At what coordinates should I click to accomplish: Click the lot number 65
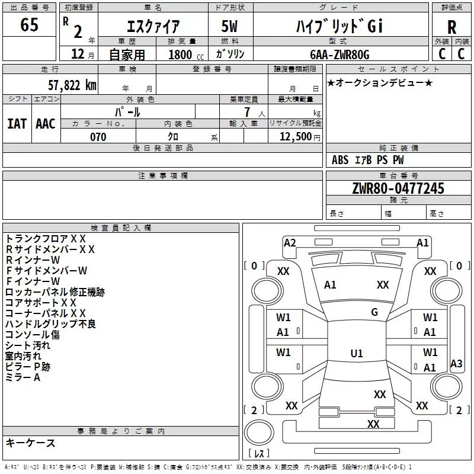coord(29,25)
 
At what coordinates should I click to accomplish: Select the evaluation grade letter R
coord(451,27)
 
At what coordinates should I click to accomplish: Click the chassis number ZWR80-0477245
coord(398,189)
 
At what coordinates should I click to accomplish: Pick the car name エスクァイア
coord(153,27)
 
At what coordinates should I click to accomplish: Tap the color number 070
coord(98,137)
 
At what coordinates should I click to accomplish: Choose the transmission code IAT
coord(17,123)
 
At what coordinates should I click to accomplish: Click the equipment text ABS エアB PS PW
coord(368,160)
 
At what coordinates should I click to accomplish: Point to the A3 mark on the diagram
coord(456,364)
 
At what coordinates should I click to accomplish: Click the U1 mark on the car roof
coord(357,354)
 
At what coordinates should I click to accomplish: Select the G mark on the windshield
coord(374,312)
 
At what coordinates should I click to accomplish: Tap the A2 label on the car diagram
coord(290,242)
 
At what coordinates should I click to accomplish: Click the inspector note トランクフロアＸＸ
coord(46,238)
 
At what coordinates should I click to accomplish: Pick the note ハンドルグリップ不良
coord(50,324)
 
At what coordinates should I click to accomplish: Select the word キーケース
coord(30,443)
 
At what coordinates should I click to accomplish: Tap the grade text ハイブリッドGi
coord(340,27)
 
